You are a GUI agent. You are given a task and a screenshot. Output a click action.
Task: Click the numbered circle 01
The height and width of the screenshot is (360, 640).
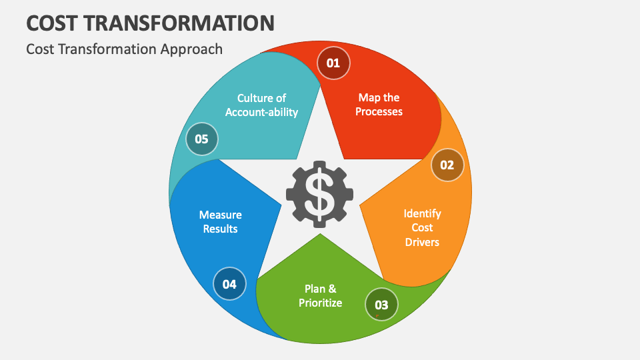click(333, 63)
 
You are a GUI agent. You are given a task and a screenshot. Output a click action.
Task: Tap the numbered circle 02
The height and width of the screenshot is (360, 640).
click(447, 165)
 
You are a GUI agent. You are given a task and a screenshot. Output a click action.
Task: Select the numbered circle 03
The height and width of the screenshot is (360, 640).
click(381, 305)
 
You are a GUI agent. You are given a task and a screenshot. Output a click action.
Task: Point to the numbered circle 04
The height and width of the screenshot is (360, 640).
click(229, 284)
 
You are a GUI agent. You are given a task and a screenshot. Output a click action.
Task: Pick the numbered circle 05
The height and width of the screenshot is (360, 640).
click(201, 139)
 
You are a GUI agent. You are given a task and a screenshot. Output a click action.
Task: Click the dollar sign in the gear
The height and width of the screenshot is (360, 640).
click(319, 195)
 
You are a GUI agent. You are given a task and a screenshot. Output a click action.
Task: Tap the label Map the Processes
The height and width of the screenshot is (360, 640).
click(379, 105)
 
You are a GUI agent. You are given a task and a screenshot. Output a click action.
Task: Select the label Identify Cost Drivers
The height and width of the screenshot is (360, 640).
click(422, 228)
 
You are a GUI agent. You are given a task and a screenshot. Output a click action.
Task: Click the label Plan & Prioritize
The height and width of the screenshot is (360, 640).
click(321, 296)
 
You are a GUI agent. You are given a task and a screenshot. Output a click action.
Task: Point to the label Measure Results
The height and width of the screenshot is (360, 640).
click(221, 221)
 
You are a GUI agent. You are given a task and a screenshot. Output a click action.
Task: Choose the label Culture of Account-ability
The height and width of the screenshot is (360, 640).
click(261, 105)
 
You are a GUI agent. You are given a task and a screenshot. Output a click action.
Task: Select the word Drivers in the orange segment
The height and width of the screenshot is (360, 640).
click(422, 242)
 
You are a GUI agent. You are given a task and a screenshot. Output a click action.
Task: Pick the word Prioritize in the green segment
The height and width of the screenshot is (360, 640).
click(321, 303)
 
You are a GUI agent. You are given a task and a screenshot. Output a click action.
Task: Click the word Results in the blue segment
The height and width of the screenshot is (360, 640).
click(221, 229)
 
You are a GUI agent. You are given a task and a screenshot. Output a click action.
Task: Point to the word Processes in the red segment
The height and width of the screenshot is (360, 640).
click(379, 111)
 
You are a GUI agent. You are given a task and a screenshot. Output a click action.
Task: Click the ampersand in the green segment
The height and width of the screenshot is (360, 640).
click(332, 289)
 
